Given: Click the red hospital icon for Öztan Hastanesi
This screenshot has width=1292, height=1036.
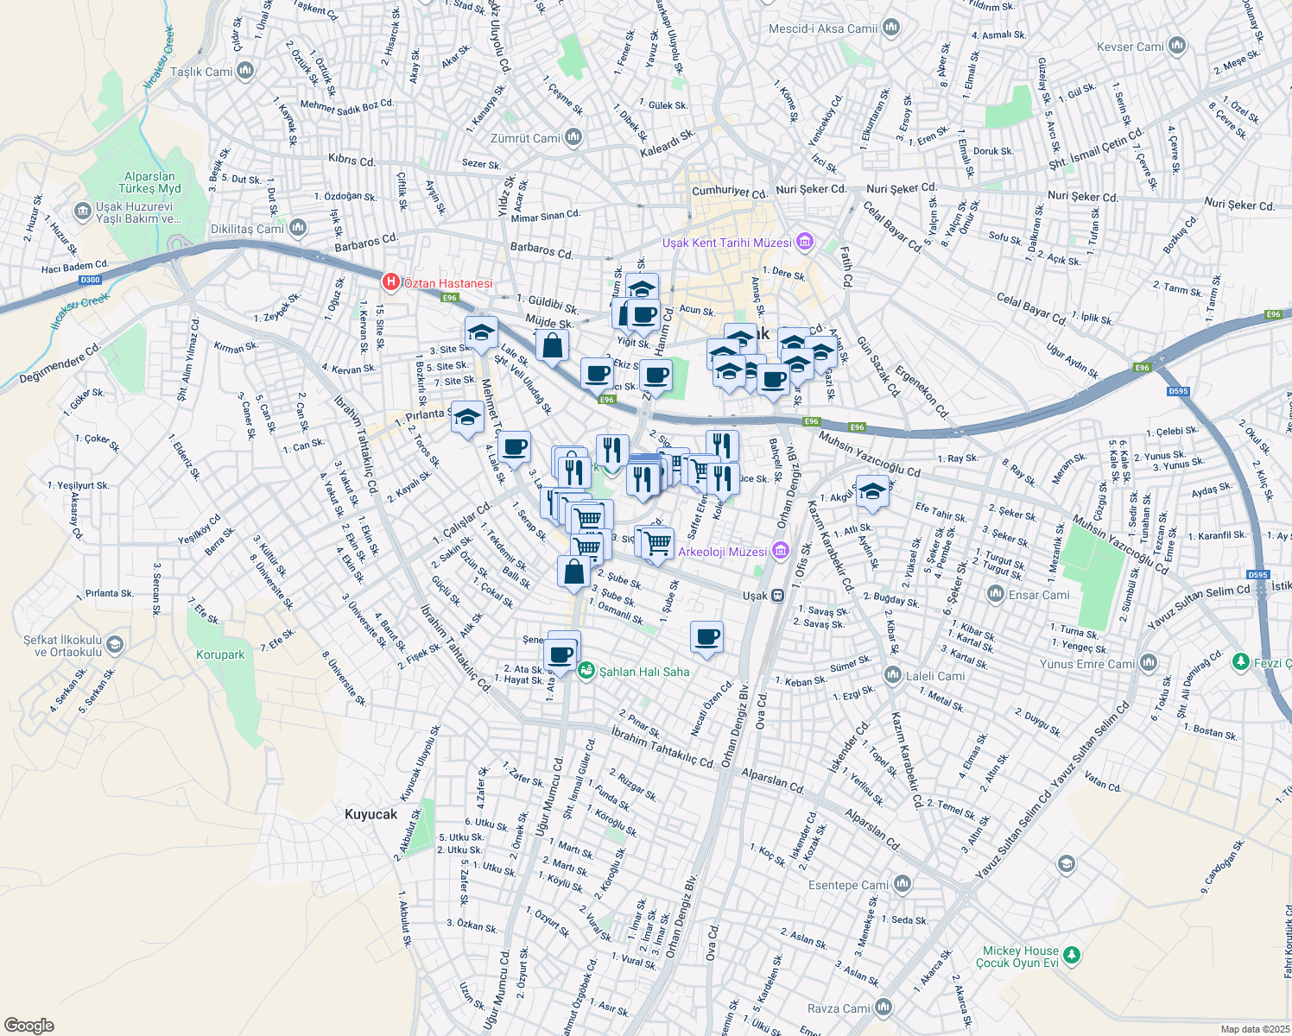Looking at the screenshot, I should tap(390, 281).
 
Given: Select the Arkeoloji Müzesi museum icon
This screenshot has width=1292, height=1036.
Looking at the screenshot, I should tap(780, 550).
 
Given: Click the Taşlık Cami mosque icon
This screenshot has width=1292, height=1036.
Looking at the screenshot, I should tap(245, 71).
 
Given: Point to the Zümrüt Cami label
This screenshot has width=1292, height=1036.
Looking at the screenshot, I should tap(525, 138).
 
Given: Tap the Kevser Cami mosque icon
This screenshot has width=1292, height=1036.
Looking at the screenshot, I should tap(1176, 47).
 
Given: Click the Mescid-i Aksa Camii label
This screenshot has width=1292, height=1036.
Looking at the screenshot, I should tap(823, 28).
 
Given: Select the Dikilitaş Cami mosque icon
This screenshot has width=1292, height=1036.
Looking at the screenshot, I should tap(298, 228).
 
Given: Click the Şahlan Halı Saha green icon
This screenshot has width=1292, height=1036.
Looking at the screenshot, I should tap(586, 670).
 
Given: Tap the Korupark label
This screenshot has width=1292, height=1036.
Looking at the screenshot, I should tap(220, 654).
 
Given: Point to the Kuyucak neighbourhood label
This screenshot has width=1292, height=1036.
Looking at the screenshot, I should tap(371, 814).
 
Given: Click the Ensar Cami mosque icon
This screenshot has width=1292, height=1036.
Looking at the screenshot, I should tap(996, 594).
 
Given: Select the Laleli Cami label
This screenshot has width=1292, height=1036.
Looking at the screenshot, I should tap(935, 676).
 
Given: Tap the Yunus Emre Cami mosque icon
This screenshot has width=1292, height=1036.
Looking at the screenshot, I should tap(1148, 663).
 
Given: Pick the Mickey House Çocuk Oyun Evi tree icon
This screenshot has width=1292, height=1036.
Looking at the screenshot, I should tap(1072, 955).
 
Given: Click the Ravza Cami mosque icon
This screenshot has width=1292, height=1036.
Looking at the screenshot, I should tap(883, 1008).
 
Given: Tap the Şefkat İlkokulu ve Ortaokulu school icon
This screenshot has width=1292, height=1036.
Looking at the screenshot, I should tap(115, 644).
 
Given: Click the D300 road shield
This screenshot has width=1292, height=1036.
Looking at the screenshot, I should tap(90, 280).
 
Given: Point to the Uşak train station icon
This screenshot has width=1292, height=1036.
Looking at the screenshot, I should tap(777, 595).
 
